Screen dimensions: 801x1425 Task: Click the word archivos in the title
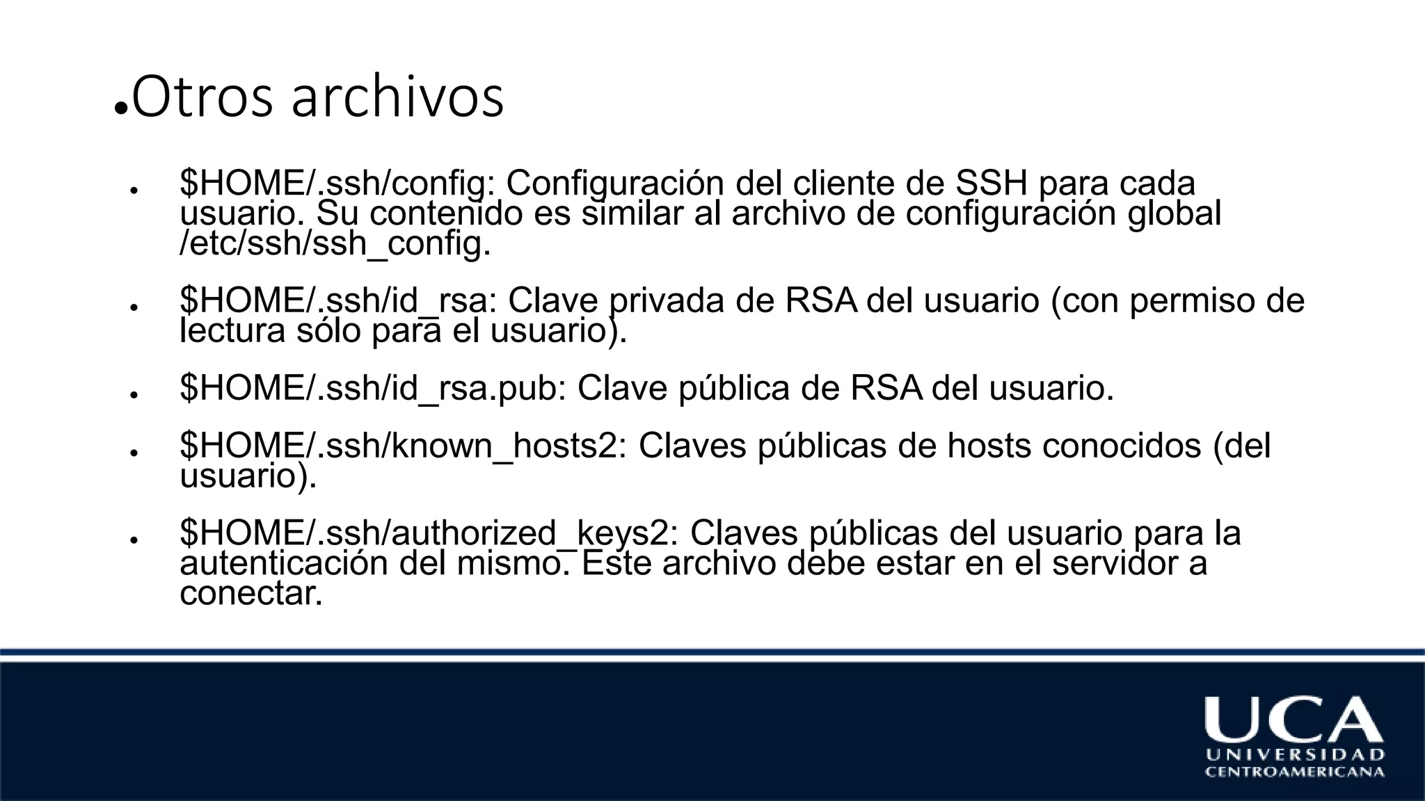pyautogui.click(x=397, y=98)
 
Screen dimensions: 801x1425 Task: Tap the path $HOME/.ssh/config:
pyautogui.click(x=337, y=184)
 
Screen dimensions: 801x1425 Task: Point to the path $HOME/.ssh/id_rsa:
pyautogui.click(x=338, y=301)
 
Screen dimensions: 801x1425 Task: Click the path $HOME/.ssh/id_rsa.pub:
pyautogui.click(x=373, y=388)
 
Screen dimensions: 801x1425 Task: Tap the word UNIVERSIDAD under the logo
pyautogui.click(x=1295, y=754)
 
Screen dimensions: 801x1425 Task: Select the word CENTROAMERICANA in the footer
pyautogui.click(x=1295, y=772)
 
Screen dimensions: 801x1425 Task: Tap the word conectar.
pyautogui.click(x=251, y=593)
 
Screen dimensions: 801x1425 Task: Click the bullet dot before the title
pyautogui.click(x=120, y=109)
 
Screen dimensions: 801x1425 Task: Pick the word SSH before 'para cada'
pyautogui.click(x=991, y=184)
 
